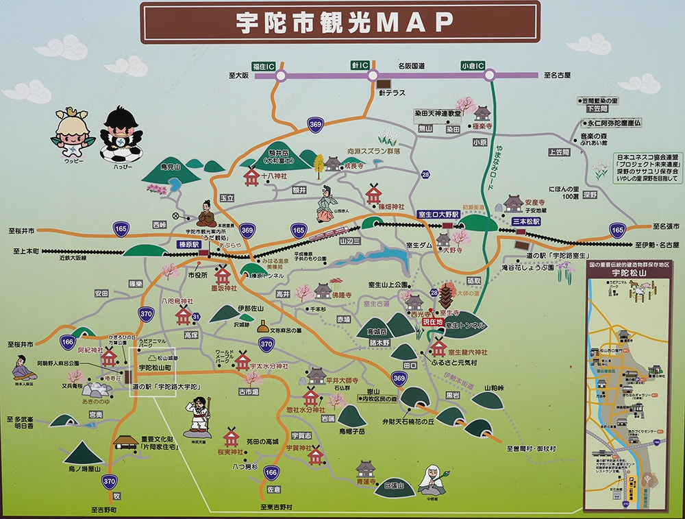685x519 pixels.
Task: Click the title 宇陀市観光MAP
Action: (340, 22)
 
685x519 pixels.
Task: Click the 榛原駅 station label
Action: (188, 243)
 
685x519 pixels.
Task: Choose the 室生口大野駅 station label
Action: (438, 215)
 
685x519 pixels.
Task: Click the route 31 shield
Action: (196, 317)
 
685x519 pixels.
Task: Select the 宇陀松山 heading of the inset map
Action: (627, 272)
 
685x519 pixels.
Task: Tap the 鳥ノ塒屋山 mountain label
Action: (84, 469)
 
